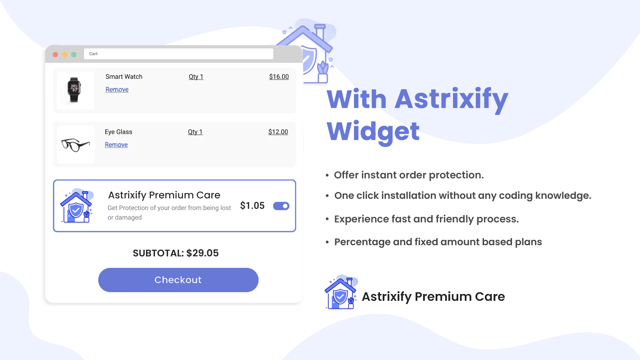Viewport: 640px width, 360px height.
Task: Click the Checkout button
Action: [x=178, y=280]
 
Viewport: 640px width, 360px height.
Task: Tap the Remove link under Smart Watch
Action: [x=117, y=90]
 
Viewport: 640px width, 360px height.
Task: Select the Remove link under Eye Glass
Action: [x=116, y=144]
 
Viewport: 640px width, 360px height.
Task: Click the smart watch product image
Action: [x=74, y=90]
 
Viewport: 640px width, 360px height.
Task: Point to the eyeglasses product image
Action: [x=76, y=145]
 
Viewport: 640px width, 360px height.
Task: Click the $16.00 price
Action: [x=279, y=76]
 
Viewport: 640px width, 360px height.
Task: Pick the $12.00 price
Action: [x=278, y=132]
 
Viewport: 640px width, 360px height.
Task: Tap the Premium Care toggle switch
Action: [x=281, y=206]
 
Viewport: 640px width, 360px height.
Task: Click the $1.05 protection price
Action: [x=252, y=206]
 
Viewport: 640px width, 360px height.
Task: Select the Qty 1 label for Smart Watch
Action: [x=196, y=76]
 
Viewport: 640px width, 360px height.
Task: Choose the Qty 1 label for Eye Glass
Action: [x=195, y=132]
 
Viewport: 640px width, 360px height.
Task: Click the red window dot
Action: [x=56, y=54]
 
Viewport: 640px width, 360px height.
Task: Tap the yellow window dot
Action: [x=64, y=54]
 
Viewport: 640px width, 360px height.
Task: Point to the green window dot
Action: [x=74, y=54]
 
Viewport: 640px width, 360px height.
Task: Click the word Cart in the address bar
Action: [x=93, y=54]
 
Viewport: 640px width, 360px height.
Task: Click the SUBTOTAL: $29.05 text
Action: [x=176, y=253]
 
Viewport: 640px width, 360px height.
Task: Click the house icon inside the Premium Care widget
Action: [x=76, y=206]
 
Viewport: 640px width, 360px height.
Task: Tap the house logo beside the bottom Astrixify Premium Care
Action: [x=341, y=292]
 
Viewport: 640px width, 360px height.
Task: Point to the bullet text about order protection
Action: [x=409, y=175]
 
